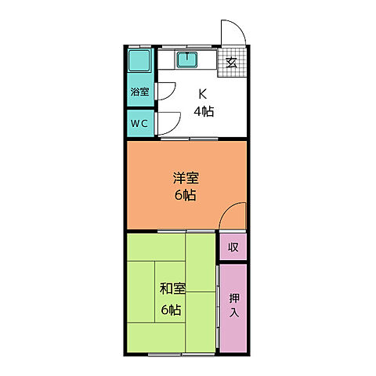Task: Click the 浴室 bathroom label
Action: pyautogui.click(x=139, y=91)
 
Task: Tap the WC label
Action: pyautogui.click(x=139, y=123)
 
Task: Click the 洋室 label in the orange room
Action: pyautogui.click(x=186, y=178)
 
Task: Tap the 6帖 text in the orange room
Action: pyautogui.click(x=186, y=195)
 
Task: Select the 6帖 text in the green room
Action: pyautogui.click(x=172, y=309)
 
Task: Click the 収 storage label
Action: pyautogui.click(x=233, y=248)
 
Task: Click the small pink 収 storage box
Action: pyautogui.click(x=233, y=248)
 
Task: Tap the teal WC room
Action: pyautogui.click(x=140, y=124)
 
